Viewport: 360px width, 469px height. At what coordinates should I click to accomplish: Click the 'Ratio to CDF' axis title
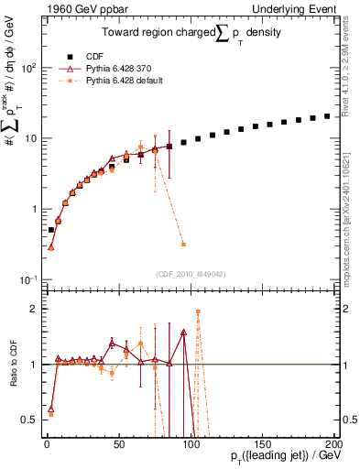click(x=10, y=365)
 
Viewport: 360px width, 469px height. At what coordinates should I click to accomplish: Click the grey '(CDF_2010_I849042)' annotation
click(x=189, y=273)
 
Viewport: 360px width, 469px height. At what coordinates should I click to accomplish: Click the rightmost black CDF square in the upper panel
click(x=327, y=116)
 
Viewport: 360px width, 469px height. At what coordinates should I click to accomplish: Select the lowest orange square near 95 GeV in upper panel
click(x=183, y=245)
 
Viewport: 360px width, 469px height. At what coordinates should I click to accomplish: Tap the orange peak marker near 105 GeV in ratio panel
click(x=198, y=312)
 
